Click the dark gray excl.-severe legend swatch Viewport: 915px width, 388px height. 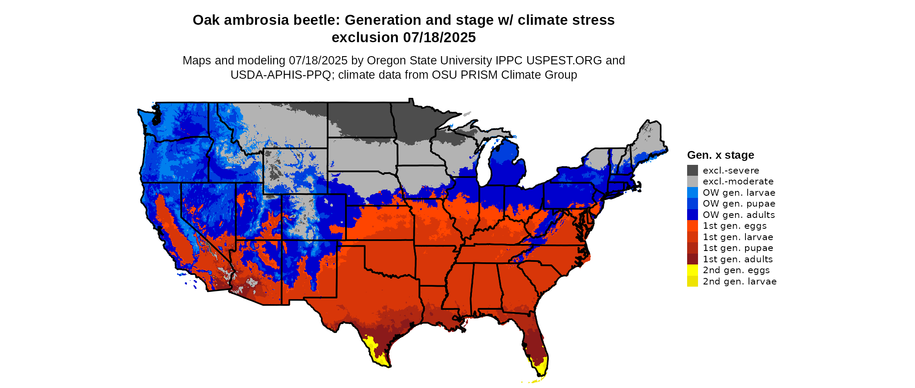click(x=692, y=170)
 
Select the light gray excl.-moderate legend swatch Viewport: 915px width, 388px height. click(x=692, y=181)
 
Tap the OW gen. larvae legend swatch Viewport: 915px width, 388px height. click(x=692, y=192)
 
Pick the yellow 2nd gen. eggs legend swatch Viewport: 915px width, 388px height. click(x=692, y=270)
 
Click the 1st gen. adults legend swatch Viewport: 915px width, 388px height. click(x=692, y=259)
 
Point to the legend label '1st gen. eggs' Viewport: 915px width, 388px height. click(x=734, y=226)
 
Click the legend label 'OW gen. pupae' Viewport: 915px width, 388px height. click(x=739, y=204)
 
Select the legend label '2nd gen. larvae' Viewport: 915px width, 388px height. click(x=739, y=281)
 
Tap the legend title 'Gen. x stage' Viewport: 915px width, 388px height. click(x=720, y=155)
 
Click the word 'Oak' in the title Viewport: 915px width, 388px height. click(x=206, y=20)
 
